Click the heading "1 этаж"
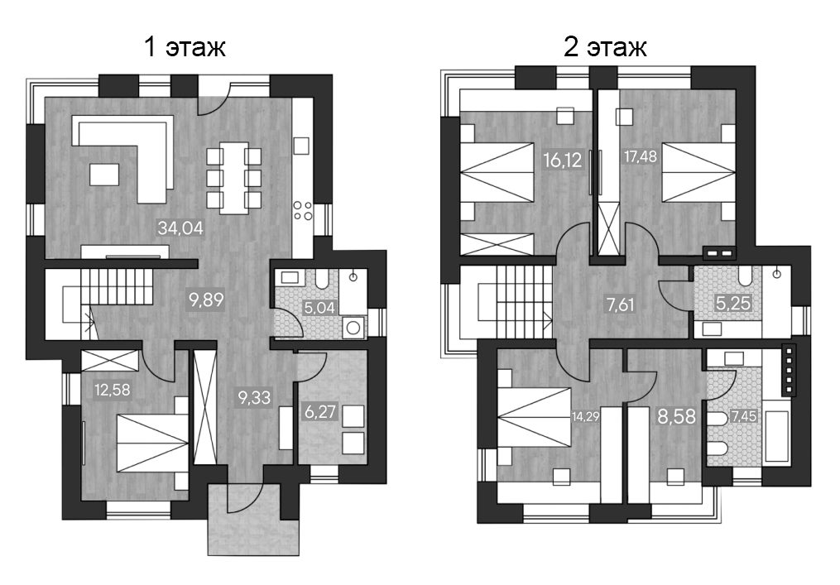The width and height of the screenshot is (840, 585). coord(185,47)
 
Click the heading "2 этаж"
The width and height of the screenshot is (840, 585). coord(604,47)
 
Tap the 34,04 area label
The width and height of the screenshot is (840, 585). coord(180,227)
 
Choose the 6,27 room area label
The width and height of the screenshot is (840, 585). coord(319,411)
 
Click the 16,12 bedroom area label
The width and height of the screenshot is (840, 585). coord(564,158)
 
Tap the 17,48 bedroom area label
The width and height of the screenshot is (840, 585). coord(639,156)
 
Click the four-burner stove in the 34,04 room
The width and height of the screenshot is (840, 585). coord(303,211)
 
